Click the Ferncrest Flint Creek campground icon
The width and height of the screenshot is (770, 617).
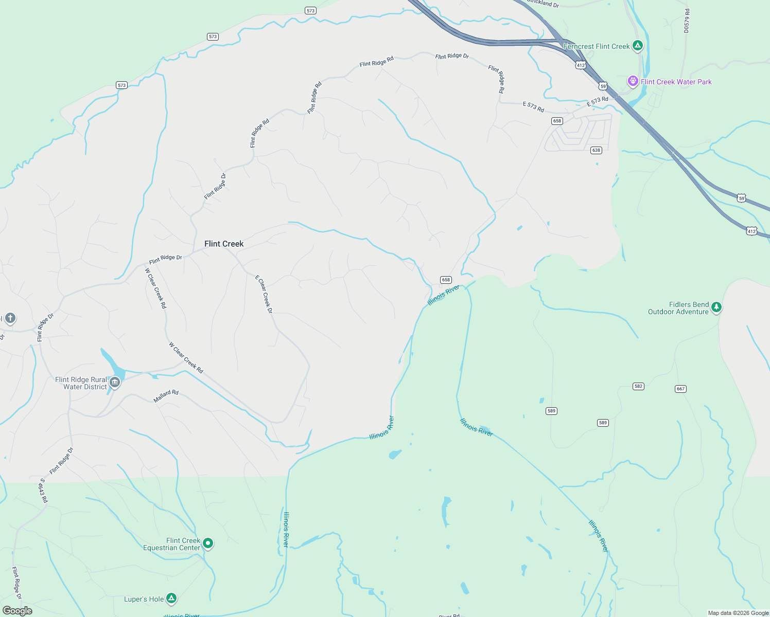[638, 46]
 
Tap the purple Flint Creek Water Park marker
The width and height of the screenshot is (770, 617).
[633, 81]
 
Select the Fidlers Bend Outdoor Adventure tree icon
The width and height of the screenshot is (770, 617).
[716, 307]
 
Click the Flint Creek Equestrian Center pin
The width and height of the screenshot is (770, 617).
[208, 543]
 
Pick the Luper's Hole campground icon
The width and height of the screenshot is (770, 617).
[171, 598]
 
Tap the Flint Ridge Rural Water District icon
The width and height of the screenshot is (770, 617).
[115, 382]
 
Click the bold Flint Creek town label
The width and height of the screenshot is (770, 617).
[224, 244]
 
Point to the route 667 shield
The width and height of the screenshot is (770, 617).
[680, 389]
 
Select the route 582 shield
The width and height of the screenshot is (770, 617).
[638, 386]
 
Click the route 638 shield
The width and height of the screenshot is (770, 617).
[596, 150]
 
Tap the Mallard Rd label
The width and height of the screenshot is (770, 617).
[166, 396]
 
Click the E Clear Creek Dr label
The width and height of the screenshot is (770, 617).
[264, 294]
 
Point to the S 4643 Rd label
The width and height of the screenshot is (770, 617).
[44, 491]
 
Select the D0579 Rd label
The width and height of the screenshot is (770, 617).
[687, 21]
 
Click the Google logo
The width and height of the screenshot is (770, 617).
[17, 611]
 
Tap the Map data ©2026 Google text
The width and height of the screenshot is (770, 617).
[738, 613]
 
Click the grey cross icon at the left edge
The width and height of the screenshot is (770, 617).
[10, 318]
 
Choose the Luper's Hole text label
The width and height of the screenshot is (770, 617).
[144, 599]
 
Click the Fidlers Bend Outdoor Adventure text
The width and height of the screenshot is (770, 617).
[678, 308]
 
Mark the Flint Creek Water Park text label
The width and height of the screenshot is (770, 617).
[676, 82]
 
